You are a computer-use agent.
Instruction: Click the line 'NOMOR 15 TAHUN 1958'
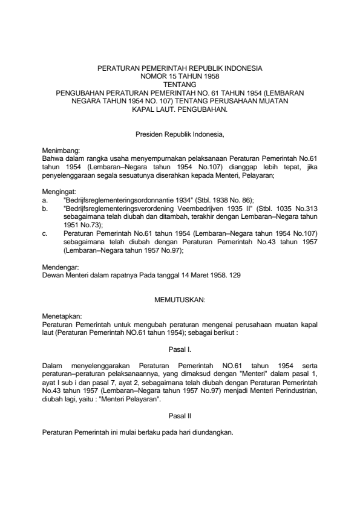click(x=180, y=77)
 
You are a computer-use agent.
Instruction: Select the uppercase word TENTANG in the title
click(x=180, y=85)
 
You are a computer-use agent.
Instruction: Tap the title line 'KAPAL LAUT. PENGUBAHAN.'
click(x=180, y=110)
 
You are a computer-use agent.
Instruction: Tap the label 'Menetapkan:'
click(x=61, y=316)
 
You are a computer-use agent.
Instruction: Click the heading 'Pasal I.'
click(x=180, y=349)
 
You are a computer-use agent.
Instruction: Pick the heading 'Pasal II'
click(x=180, y=416)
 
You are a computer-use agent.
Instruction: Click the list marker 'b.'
click(x=45, y=208)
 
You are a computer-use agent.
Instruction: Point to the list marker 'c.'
click(x=45, y=233)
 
